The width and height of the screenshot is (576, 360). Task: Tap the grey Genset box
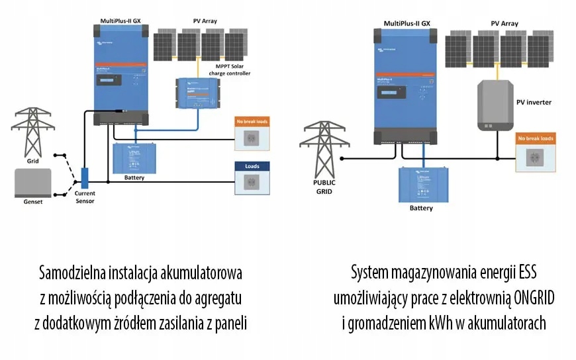pos(32,181)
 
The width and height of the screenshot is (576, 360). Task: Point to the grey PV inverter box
pos(495,105)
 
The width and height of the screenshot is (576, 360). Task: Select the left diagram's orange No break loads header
pos(252,122)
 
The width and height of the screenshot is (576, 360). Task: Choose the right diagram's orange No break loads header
pos(535,138)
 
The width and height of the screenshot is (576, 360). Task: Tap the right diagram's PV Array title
pos(504,23)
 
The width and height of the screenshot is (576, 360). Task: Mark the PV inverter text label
pos(534,103)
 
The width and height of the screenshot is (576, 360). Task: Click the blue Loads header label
pos(252,166)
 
